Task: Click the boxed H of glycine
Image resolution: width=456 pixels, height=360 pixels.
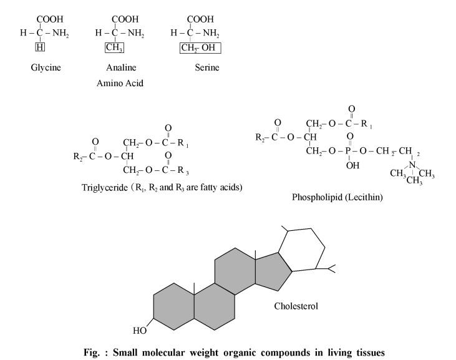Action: point(40,47)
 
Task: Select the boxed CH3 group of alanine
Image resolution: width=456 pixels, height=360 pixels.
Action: point(114,47)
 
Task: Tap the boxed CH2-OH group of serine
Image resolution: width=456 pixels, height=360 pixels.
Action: point(200,48)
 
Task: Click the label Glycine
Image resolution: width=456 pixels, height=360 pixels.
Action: point(46,68)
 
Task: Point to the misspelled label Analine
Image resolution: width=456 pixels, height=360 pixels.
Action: point(121,67)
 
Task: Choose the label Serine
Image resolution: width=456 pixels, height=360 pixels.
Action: point(207,67)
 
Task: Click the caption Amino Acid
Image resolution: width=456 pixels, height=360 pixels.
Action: point(120,83)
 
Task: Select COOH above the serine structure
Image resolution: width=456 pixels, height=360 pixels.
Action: point(200,19)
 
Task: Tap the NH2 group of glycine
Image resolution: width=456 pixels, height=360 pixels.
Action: point(61,33)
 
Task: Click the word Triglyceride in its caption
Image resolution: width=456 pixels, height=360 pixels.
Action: point(105,188)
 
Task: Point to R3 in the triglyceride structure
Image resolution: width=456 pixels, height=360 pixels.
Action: point(183,170)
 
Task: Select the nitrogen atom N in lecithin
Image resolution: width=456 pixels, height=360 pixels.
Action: point(412,165)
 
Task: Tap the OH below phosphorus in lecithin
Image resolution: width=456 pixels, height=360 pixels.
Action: point(352,165)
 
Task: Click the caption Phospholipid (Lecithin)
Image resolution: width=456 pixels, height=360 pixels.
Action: point(337,197)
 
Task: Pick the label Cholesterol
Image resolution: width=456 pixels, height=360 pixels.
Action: point(296,306)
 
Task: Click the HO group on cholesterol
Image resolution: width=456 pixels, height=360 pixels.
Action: point(140,331)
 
